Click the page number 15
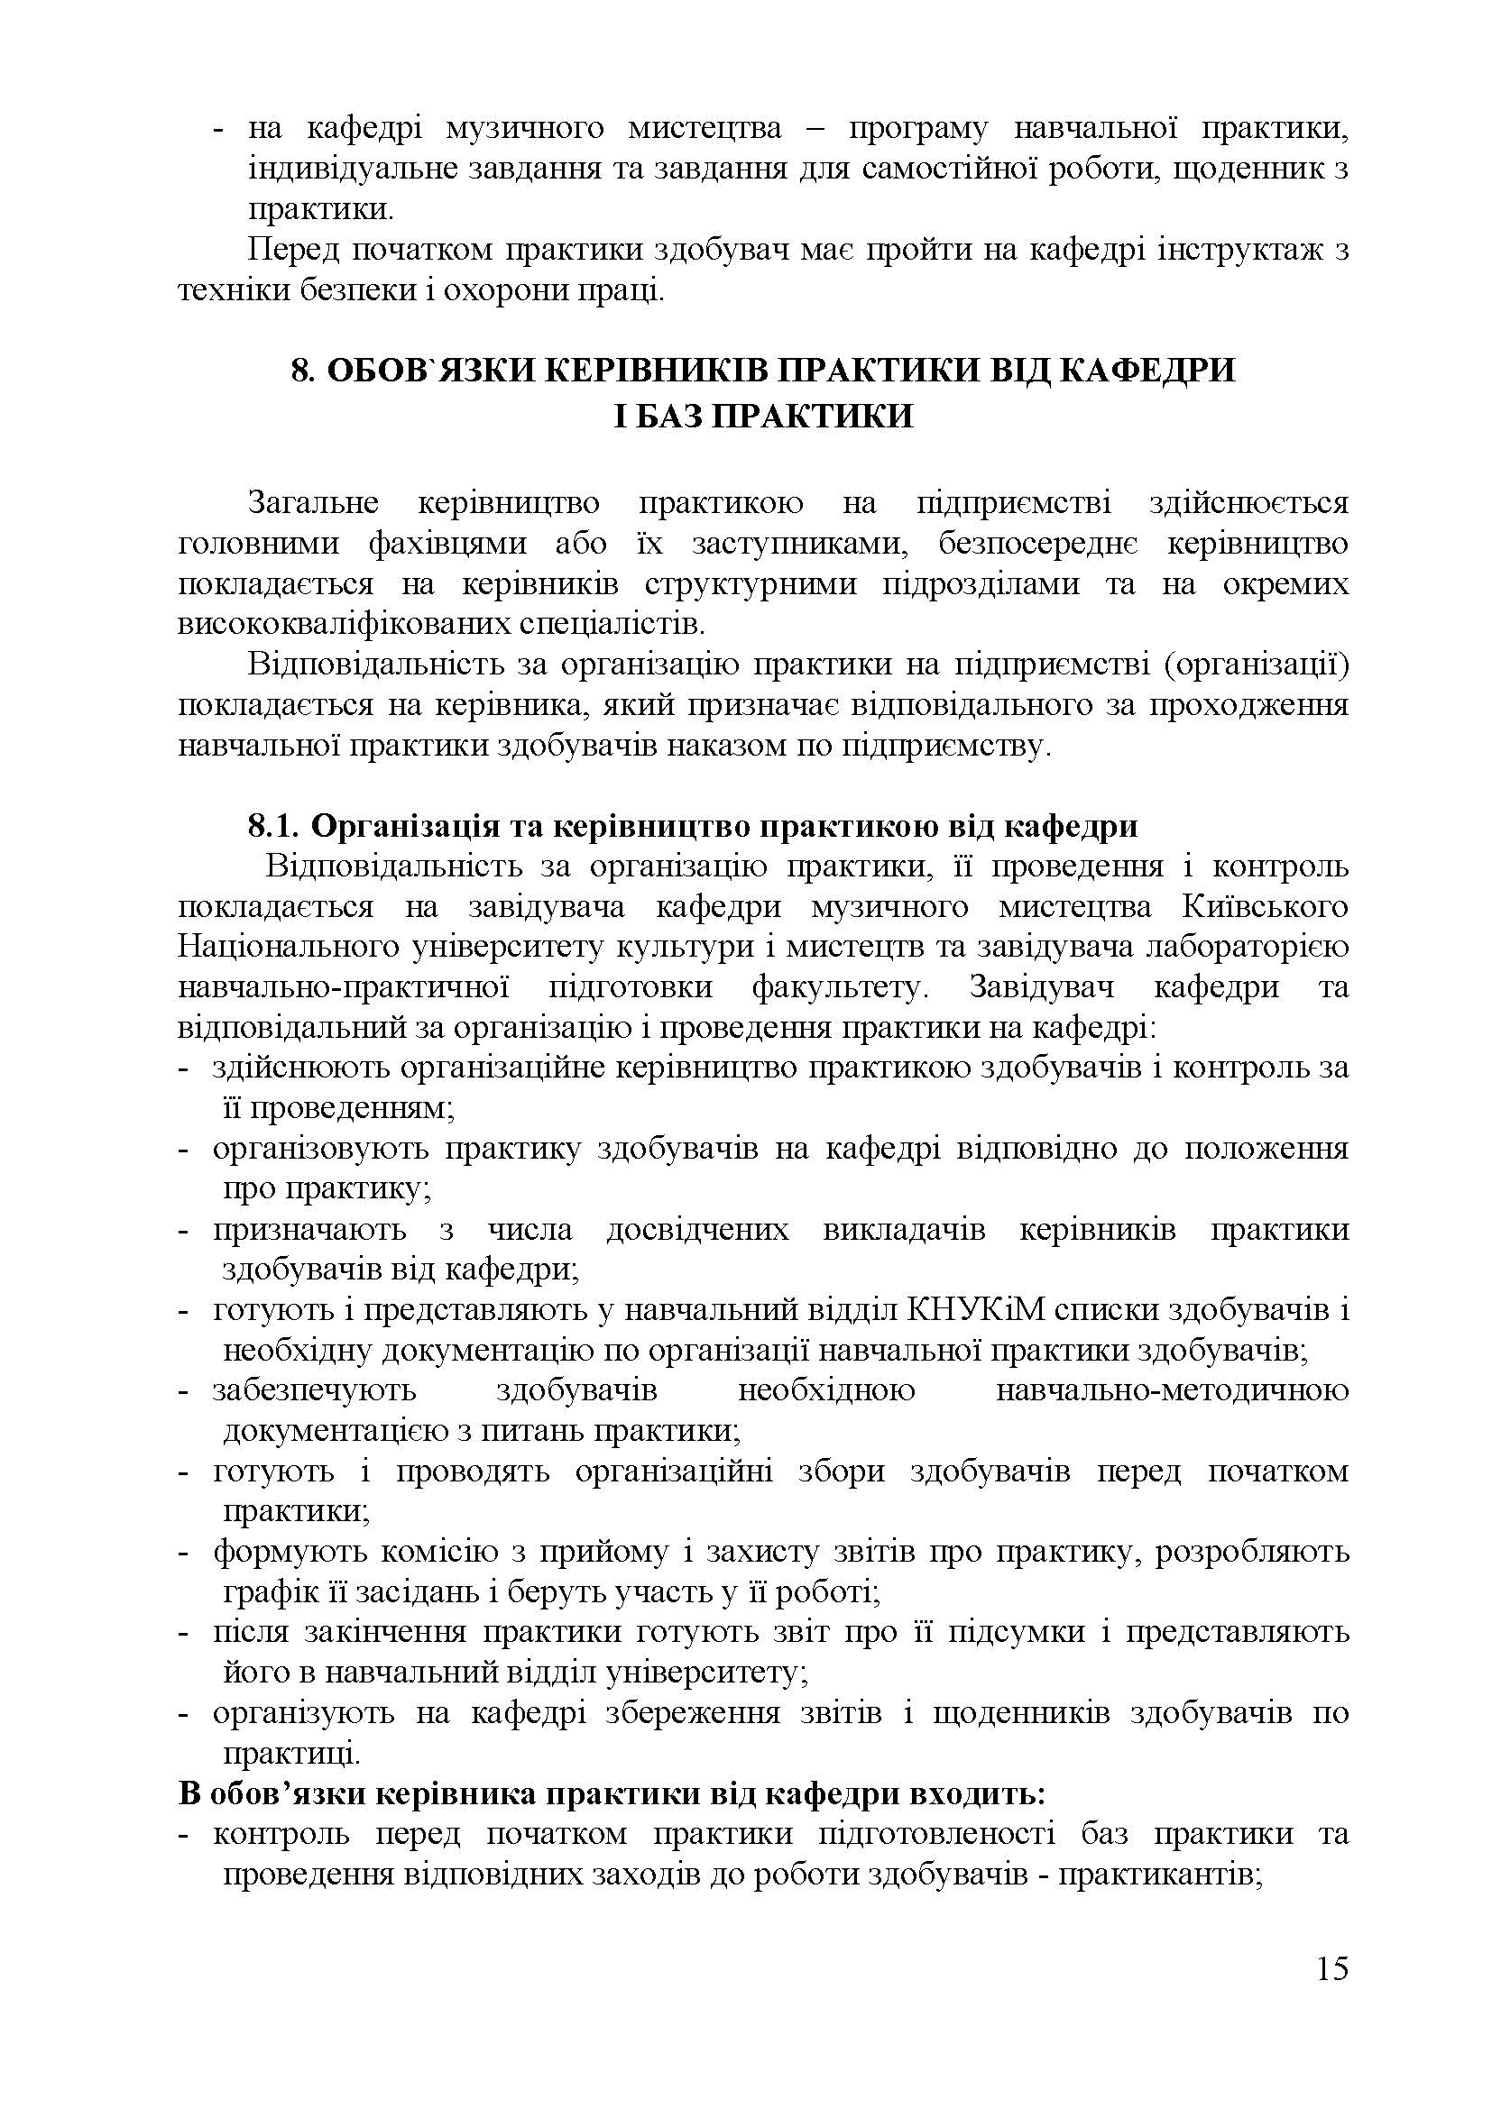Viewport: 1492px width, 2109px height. point(1331,1995)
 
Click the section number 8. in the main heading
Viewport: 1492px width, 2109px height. point(304,371)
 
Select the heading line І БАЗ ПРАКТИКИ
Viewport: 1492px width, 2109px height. point(763,416)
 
